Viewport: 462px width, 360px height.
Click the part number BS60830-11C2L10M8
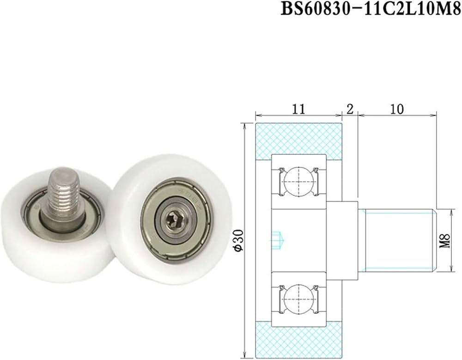(371, 9)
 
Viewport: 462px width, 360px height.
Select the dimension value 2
(350, 109)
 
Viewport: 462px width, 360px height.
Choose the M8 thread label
(445, 241)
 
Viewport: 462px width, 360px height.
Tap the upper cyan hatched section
(298, 139)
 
